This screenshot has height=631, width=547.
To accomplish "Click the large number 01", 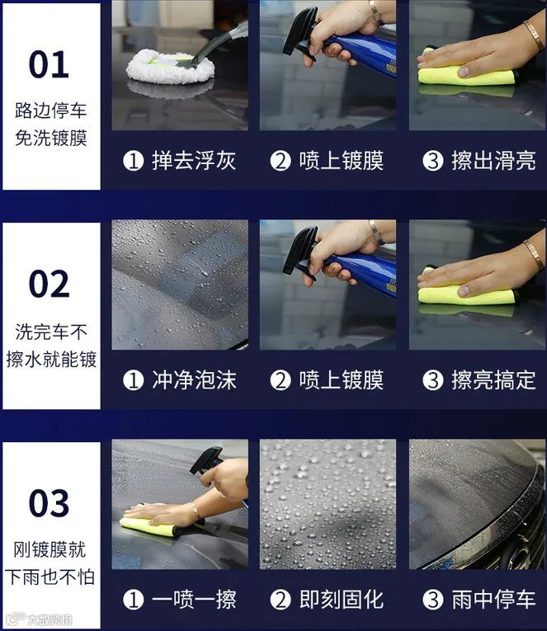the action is coord(49,64).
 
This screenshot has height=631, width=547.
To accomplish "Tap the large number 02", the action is coord(50,284).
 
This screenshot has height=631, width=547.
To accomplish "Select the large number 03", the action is coord(50,503).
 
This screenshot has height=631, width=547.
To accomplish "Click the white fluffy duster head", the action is coord(170,68).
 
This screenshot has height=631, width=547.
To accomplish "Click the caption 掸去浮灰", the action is coord(194,161).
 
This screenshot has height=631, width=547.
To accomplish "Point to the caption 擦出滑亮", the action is coord(493,161).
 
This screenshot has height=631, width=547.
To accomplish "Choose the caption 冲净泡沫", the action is coord(194,380).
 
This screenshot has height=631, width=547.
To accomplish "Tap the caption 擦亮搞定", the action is coord(493,380).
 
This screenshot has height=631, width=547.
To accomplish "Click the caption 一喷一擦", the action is coord(194,599).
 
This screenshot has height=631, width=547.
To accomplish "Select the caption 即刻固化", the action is coord(342,599).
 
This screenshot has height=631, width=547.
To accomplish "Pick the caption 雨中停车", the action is coord(493,599).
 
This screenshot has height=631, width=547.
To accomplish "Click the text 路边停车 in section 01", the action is coord(50,111).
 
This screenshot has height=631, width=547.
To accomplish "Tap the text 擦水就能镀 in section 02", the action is coord(51,359).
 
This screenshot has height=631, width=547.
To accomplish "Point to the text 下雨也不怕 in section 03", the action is coord(50,577).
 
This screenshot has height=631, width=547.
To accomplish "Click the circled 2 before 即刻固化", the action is coord(281,600).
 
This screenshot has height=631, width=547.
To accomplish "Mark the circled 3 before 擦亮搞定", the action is coord(432,380).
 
